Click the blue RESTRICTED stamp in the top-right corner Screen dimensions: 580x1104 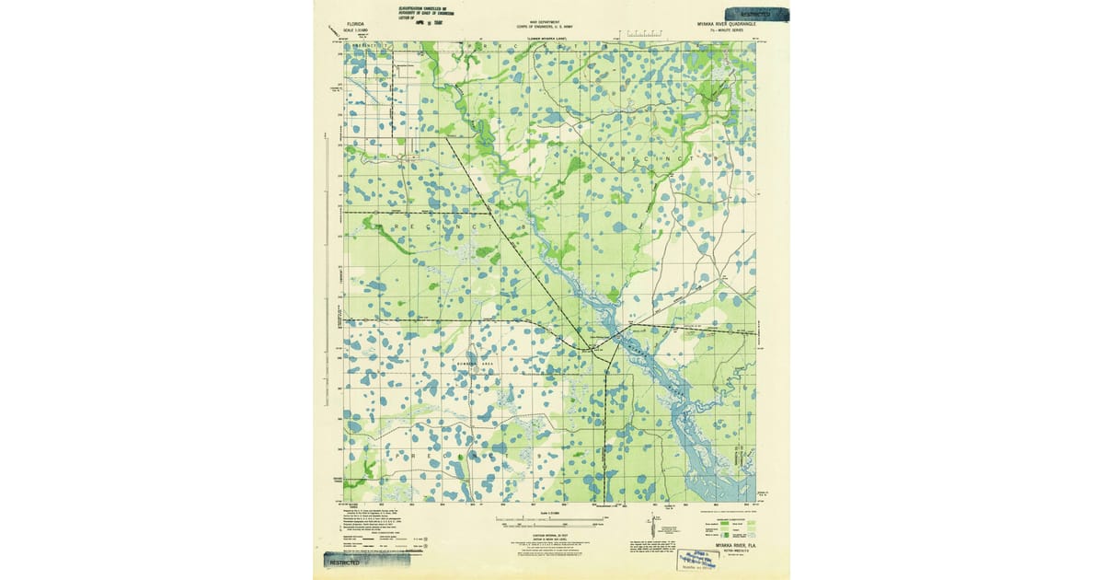(x=758, y=13)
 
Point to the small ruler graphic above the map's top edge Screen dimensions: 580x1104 (x=644, y=34)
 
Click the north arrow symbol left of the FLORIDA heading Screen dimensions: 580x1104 (x=333, y=31)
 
